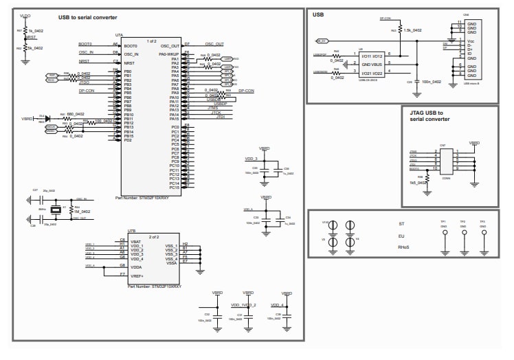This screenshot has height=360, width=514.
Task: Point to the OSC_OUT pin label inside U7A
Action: [170, 45]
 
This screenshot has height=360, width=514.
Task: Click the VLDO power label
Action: [25, 14]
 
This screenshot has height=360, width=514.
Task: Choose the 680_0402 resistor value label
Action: [76, 114]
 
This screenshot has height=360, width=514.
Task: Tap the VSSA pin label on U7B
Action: [171, 262]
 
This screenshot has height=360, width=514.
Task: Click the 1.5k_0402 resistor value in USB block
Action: [413, 30]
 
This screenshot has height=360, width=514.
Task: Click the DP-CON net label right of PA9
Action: [247, 91]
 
